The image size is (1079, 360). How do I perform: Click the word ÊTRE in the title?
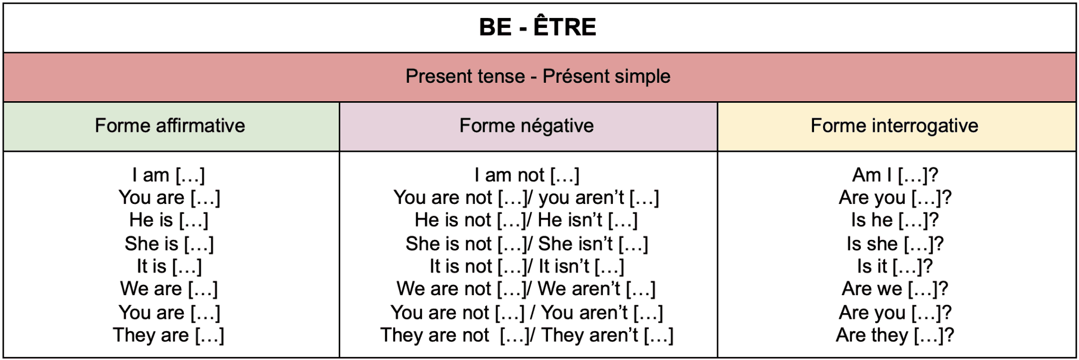565,27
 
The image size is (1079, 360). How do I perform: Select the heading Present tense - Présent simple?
538,76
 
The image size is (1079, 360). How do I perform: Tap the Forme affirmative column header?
170,126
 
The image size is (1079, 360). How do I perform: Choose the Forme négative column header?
526,126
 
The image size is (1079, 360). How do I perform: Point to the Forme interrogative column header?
894,126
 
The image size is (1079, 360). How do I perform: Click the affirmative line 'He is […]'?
169,220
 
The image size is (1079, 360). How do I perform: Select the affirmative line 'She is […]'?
169,244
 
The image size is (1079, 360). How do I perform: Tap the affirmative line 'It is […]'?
169,267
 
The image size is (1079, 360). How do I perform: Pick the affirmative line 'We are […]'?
169,289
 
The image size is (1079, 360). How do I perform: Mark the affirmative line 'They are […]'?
169,335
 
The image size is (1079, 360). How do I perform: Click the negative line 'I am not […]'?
526,175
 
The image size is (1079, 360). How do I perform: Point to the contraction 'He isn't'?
570,220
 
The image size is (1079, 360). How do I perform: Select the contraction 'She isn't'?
575,244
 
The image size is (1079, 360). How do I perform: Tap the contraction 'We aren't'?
578,289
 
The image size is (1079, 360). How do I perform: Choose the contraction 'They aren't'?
590,335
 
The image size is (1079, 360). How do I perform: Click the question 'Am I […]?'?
895,175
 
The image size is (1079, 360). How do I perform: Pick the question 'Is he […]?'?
895,220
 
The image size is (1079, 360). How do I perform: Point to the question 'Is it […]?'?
895,267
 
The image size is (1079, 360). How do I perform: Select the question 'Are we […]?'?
895,289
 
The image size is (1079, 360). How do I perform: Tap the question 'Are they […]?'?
895,335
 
